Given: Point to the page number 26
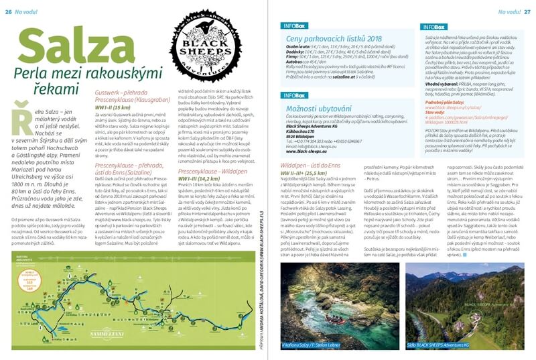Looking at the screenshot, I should pos(9,5).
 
